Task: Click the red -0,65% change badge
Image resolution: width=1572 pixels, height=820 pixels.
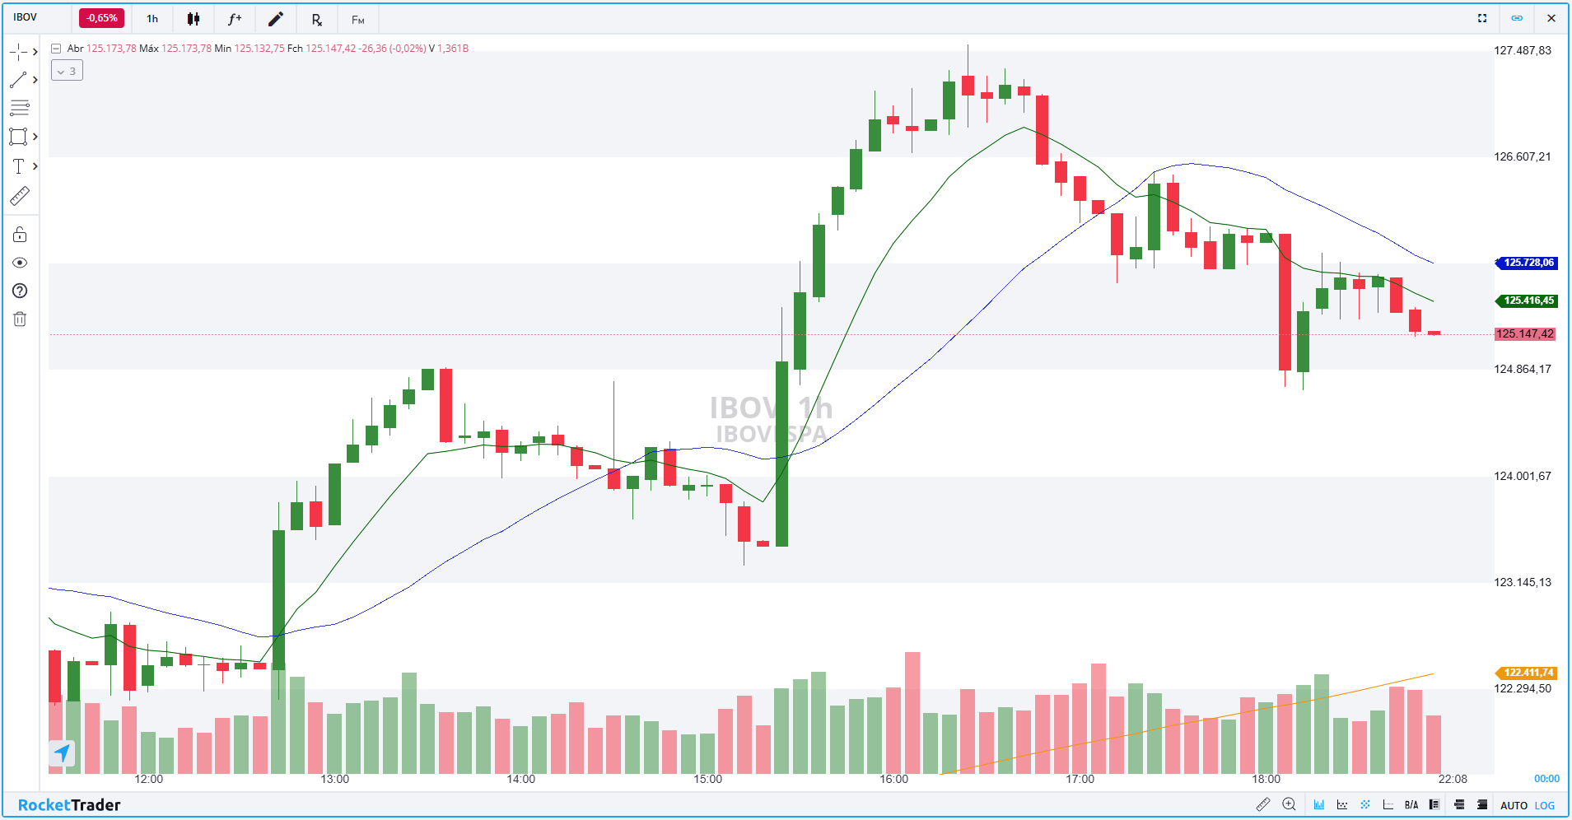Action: pos(101,18)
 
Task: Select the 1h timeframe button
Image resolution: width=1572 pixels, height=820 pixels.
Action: pos(152,19)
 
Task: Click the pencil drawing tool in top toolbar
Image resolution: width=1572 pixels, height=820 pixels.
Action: pos(276,19)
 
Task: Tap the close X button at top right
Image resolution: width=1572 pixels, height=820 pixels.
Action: pos(1551,18)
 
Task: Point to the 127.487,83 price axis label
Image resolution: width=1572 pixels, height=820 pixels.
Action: pos(1523,51)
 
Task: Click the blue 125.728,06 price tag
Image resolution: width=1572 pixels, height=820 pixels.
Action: pos(1528,263)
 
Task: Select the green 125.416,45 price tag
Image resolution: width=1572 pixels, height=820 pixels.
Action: pos(1528,301)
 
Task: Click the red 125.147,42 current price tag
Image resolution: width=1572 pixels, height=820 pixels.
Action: pos(1525,334)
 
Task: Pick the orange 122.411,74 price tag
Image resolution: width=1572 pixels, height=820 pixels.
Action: pos(1528,673)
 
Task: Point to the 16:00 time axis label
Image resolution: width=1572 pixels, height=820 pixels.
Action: pos(893,780)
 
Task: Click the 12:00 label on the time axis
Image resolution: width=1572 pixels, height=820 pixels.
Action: pos(149,780)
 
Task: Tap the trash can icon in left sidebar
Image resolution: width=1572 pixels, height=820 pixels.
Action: pos(20,319)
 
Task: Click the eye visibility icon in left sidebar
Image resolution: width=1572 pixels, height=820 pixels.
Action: pos(20,263)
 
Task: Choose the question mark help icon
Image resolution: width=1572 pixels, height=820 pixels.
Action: pos(20,291)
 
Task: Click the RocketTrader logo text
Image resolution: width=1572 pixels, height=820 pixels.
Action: pos(69,805)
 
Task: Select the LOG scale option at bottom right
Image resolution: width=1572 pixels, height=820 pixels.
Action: pos(1545,806)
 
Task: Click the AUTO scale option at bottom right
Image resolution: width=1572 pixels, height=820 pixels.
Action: pos(1514,806)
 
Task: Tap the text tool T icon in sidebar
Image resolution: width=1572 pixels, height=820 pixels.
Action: pos(18,166)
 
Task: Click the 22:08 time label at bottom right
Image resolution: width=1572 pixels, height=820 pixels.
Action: pos(1453,780)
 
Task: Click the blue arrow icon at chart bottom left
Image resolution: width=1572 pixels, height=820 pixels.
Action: pos(62,752)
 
